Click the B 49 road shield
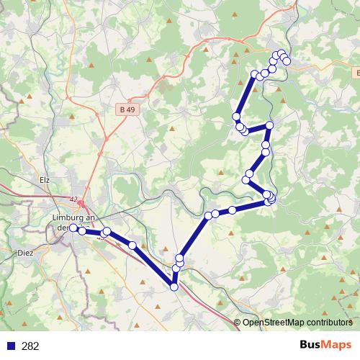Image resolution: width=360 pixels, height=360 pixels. [127, 109]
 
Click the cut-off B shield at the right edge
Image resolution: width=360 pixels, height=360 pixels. [357, 73]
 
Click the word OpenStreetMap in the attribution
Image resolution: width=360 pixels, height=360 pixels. [271, 323]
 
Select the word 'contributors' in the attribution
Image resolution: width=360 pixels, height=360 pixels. [328, 323]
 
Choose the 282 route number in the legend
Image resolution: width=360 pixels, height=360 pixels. [30, 346]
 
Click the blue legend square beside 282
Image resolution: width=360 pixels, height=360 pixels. [11, 346]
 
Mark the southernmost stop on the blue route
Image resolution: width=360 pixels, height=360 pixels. [174, 287]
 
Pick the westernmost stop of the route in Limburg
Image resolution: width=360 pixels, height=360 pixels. [73, 228]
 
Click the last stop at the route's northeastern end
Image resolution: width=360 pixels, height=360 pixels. [287, 62]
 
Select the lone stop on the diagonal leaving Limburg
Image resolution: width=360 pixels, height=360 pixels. [132, 246]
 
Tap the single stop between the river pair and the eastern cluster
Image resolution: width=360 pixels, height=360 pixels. [233, 210]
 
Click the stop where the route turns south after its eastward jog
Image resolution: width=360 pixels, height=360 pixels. [269, 126]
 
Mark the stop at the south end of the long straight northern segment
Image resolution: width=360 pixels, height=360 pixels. [236, 117]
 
